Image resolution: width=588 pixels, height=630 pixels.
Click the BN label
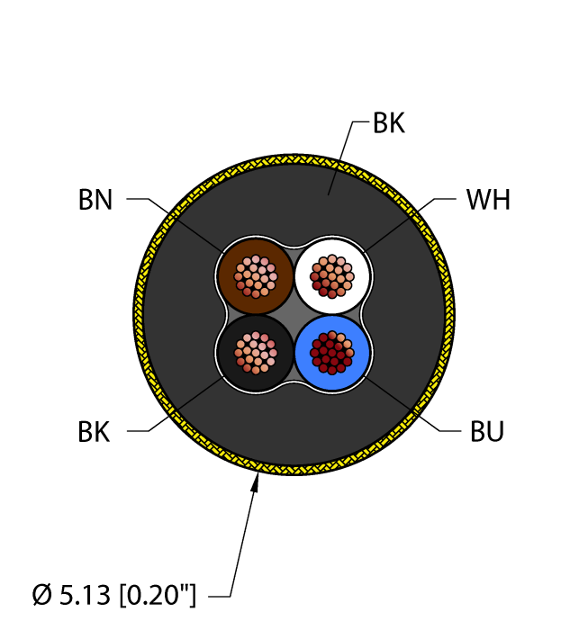95,200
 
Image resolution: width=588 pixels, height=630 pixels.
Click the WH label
488,200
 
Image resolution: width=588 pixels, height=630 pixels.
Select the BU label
487,431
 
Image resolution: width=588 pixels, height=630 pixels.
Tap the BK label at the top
389,123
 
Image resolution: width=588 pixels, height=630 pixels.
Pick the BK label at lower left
94,432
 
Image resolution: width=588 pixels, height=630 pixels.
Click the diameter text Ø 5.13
71,595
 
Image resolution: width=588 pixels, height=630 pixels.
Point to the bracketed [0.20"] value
158,595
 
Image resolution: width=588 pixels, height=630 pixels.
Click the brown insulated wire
255,276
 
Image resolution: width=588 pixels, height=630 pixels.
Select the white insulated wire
332,276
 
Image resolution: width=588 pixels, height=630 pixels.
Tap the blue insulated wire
332,353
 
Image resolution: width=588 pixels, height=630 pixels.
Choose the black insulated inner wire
255,353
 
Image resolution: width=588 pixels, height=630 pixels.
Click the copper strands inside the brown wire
256,277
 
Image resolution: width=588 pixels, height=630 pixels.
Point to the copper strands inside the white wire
332,276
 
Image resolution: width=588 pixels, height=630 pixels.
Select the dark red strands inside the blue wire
332,353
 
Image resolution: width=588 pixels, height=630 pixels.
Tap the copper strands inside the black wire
256,353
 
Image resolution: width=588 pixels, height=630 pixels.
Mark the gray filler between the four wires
294,315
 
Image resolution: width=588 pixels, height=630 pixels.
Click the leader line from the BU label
412,404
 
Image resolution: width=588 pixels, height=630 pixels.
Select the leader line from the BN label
176,225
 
